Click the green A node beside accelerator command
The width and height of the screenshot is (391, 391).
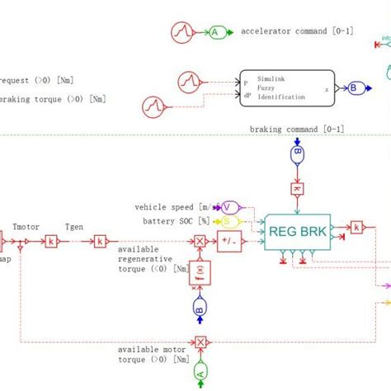click(215, 32)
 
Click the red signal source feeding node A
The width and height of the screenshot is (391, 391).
click(181, 32)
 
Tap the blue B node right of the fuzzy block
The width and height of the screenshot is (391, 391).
click(354, 87)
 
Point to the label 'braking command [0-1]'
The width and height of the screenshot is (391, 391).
click(297, 130)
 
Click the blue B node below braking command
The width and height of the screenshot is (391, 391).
click(297, 154)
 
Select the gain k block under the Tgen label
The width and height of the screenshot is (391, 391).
click(99, 241)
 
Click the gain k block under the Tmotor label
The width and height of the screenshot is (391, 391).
click(51, 241)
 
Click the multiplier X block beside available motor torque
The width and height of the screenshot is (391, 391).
click(199, 341)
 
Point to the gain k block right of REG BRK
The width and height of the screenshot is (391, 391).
click(356, 226)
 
